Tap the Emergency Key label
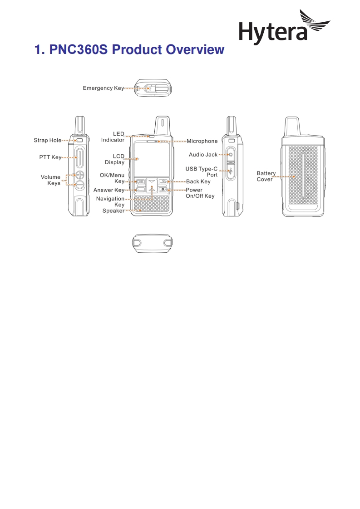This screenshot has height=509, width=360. (x=103, y=88)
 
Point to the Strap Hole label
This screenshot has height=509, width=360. (x=47, y=141)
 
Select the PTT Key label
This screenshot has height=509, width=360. (x=50, y=157)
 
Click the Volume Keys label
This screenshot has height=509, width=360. (x=51, y=180)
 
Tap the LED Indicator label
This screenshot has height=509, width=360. (x=113, y=137)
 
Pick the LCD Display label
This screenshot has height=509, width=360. (x=115, y=159)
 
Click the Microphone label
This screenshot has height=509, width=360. (x=202, y=141)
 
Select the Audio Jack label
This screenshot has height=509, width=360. (x=203, y=155)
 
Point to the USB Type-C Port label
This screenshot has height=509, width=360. (x=202, y=171)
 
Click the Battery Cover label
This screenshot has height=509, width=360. (x=266, y=176)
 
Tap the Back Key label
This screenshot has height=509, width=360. (x=198, y=181)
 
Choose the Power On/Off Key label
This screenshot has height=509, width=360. (x=200, y=193)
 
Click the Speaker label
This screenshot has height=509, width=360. (x=113, y=210)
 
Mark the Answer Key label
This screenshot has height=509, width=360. (x=108, y=190)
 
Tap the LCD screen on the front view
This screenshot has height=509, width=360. (x=152, y=159)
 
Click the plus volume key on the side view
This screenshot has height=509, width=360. (x=80, y=175)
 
